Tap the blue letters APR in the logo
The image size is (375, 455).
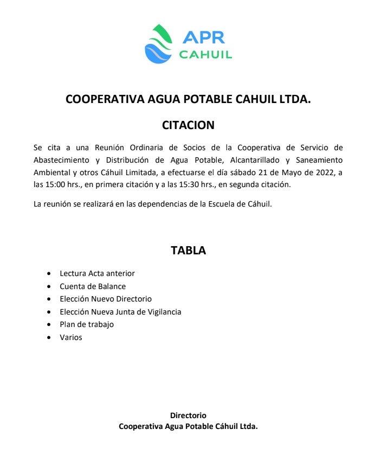pos(204,37)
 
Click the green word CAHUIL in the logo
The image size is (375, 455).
pos(205,54)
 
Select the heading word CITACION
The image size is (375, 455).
pos(188,125)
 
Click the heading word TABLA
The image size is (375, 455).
pos(188,251)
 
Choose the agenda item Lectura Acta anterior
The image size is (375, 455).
pos(98,273)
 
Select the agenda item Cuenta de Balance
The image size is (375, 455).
pos(93,286)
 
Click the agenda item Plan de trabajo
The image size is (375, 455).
pos(87,324)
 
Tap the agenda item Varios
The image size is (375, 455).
pos(71,337)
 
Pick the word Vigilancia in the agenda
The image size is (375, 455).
pos(161,312)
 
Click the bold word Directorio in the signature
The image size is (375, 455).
pos(188,415)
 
